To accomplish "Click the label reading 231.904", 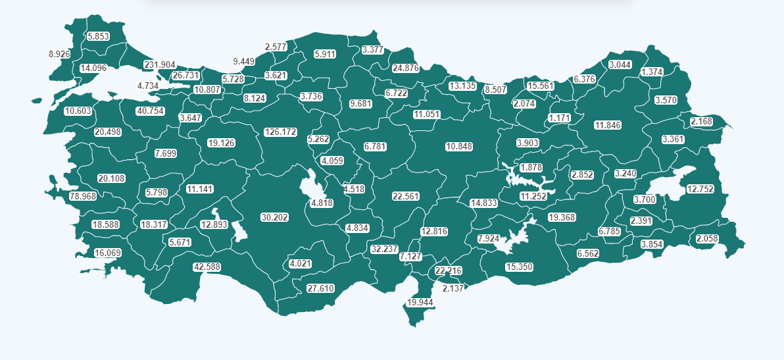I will (160, 64).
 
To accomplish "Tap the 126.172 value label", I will (280, 132).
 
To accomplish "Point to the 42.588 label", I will (207, 267).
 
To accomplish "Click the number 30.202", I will (274, 217).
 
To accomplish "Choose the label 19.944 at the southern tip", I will (420, 302).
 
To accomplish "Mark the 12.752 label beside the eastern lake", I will (700, 189).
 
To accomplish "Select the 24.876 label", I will (405, 68).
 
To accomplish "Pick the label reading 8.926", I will (60, 54).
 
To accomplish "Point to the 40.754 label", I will (150, 111).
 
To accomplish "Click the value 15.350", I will (519, 267).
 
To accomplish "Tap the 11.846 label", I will (607, 125).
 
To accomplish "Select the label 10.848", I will (459, 146).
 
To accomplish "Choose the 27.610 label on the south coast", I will (321, 288).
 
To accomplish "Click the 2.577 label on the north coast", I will (276, 47).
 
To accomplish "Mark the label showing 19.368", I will (562, 217).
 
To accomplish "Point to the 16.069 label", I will (108, 253).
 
